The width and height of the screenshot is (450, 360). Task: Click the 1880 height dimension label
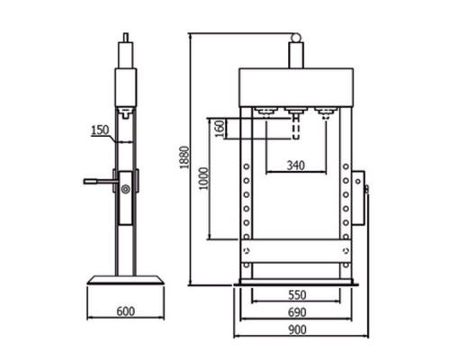tap(185, 157)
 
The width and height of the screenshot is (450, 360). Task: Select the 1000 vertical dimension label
tap(203, 178)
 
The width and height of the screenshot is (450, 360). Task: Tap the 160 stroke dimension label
tap(220, 129)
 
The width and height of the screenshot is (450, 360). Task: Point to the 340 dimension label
tap(296, 166)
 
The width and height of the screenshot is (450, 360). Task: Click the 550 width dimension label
tap(297, 295)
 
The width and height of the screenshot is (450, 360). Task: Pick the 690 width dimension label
tap(297, 312)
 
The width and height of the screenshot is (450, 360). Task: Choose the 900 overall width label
tap(297, 329)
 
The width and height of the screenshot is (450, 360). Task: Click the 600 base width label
tap(126, 311)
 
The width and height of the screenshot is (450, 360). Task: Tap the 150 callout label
tap(100, 130)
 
